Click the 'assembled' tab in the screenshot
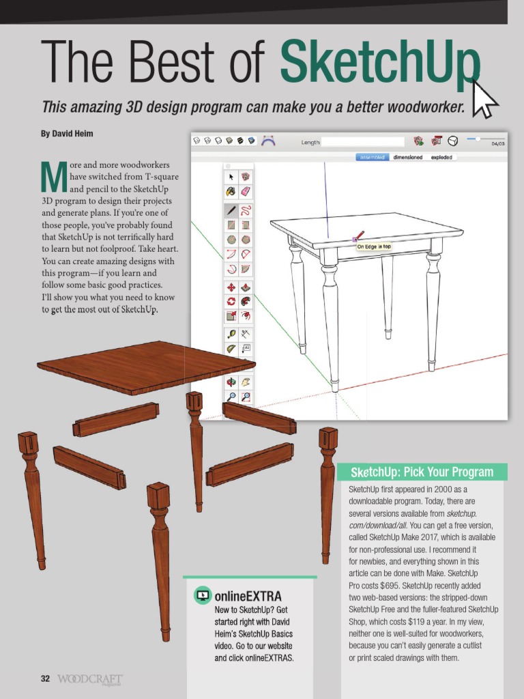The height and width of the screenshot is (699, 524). tap(373, 157)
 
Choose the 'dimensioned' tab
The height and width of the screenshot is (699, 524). tap(407, 157)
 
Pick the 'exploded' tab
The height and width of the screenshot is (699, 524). tap(442, 157)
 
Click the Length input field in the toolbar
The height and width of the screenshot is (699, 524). tap(364, 142)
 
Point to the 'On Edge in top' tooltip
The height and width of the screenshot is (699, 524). tap(375, 246)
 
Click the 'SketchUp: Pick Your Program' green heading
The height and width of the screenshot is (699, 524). tap(422, 472)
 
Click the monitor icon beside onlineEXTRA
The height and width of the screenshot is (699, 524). tap(203, 595)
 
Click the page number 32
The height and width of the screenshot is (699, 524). tap(45, 679)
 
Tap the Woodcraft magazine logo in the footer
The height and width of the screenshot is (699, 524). tap(90, 679)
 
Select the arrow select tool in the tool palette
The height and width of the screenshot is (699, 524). tap(231, 176)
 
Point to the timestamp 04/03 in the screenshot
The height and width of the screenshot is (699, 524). tap(497, 144)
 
